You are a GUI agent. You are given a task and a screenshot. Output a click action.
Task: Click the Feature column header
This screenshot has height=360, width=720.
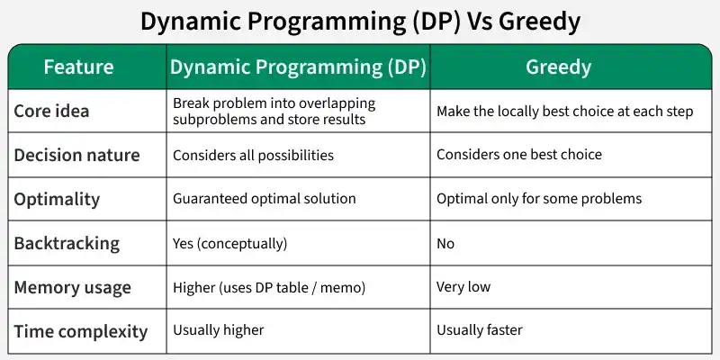pos(79,67)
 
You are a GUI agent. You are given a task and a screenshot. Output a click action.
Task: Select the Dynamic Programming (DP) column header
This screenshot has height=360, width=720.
pos(298,67)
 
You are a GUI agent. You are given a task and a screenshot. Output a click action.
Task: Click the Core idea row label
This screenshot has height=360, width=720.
pos(51,112)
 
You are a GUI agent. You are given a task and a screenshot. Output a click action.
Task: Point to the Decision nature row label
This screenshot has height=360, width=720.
pos(76,155)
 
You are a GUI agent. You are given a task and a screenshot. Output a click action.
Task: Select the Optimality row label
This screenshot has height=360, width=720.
pos(57,199)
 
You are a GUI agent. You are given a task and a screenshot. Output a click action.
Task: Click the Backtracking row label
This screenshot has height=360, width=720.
pos(66,243)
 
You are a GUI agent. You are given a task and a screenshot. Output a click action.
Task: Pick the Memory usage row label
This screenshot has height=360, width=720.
pos(72,287)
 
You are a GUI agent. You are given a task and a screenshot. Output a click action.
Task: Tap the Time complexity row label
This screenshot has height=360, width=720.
pos(80,331)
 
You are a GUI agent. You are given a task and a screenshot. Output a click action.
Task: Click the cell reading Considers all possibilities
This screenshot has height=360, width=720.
pos(253,155)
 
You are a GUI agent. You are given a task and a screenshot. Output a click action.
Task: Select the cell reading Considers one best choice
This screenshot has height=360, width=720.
pos(519,155)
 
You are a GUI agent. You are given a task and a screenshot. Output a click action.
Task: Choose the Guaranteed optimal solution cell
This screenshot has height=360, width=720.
pos(264,199)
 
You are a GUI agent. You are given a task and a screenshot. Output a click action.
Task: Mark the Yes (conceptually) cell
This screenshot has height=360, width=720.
pos(229,243)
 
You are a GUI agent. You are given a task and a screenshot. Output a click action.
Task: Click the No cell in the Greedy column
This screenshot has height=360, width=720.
pos(445,243)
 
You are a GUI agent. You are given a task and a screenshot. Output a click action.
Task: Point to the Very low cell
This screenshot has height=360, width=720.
pos(464,287)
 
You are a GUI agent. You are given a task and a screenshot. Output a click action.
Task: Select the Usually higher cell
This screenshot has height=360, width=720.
pos(218,330)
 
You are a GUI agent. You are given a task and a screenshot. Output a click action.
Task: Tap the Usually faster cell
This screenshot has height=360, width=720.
pos(479,330)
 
